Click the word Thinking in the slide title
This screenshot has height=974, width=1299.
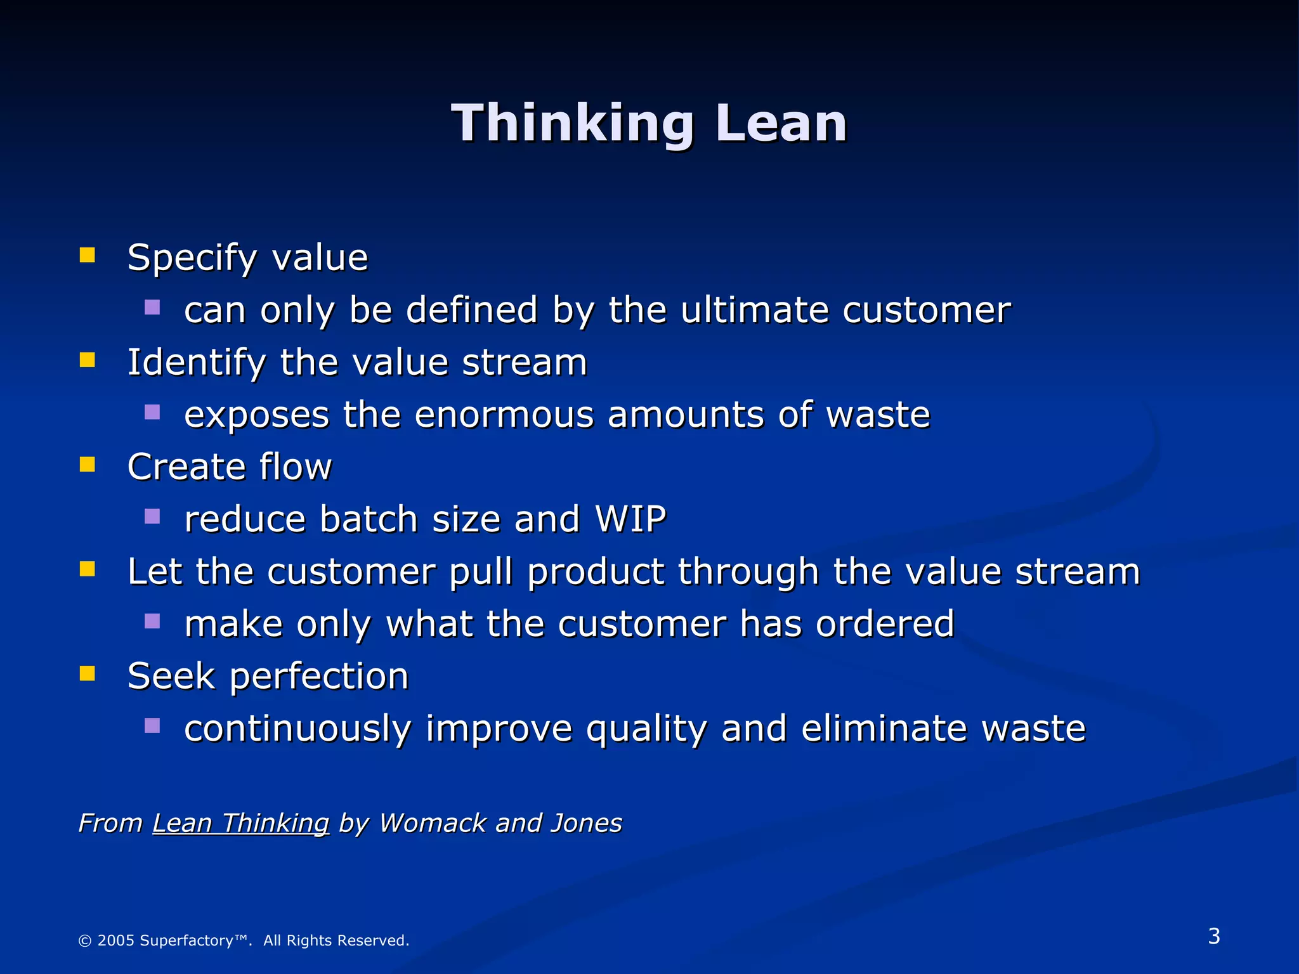click(573, 124)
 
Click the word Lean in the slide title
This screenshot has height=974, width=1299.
click(781, 124)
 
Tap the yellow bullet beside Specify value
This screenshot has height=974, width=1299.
click(87, 256)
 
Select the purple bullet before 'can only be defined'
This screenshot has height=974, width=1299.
click(152, 308)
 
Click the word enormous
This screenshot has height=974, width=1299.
click(504, 415)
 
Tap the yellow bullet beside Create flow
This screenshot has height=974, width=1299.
click(87, 465)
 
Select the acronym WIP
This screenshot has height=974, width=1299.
click(630, 519)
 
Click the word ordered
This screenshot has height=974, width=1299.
click(885, 624)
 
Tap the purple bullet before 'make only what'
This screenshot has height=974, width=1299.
click(152, 621)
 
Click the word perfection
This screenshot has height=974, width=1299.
click(319, 677)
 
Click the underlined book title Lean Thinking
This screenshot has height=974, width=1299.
click(241, 824)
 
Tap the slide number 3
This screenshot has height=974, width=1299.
click(1214, 937)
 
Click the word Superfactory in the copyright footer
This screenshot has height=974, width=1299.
click(186, 940)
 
